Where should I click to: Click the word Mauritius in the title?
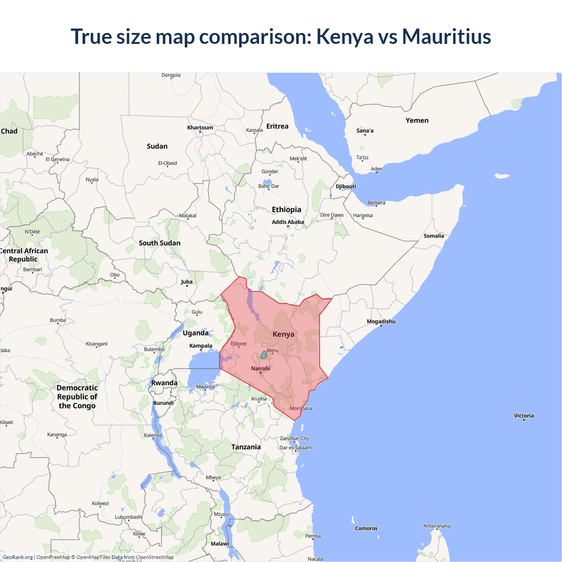(x=447, y=36)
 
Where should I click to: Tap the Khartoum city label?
(x=200, y=128)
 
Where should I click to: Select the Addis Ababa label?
(x=288, y=222)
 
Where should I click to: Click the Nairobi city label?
(x=260, y=368)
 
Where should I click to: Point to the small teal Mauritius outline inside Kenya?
(x=263, y=355)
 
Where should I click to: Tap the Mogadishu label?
(x=381, y=321)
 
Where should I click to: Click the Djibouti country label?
(x=346, y=186)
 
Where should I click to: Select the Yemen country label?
(x=417, y=120)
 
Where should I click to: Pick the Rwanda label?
(x=164, y=383)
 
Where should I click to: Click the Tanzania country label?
(x=246, y=447)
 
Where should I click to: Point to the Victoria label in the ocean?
(x=524, y=415)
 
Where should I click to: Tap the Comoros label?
(x=366, y=528)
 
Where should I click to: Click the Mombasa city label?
(x=301, y=408)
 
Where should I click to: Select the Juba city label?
(x=187, y=282)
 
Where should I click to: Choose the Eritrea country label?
(x=277, y=126)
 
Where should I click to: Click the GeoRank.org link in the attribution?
(x=18, y=557)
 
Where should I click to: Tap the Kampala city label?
(x=201, y=346)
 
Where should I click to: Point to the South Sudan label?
(x=159, y=243)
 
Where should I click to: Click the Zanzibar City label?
(x=294, y=438)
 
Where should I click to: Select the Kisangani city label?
(x=97, y=344)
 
